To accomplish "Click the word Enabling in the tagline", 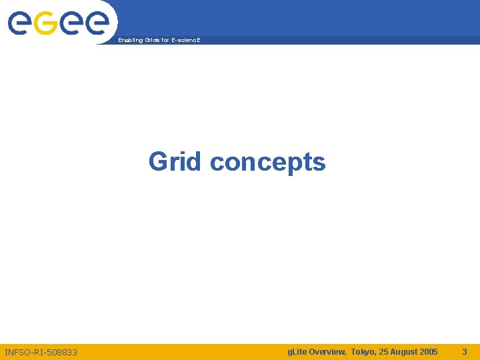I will click(129, 41).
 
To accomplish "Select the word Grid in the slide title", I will click(175, 161).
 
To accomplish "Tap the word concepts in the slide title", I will click(268, 162).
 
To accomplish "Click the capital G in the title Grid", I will click(159, 161).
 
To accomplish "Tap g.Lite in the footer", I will click(297, 351).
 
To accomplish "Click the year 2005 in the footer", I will click(429, 351).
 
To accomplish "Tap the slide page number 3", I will click(465, 351).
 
